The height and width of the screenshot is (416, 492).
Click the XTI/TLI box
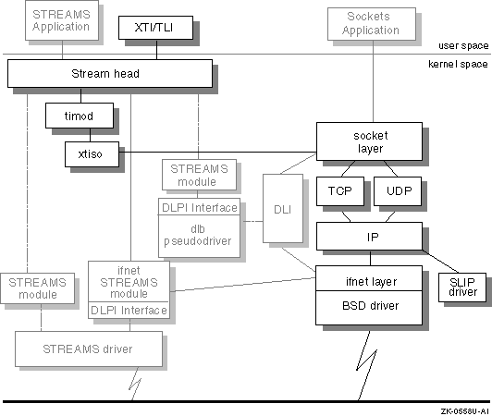click(x=155, y=28)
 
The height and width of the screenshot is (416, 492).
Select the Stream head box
click(x=110, y=73)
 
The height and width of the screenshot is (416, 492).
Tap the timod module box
click(x=80, y=116)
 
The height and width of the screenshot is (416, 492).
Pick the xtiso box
click(x=92, y=154)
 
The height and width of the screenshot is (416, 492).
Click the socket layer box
click(x=369, y=141)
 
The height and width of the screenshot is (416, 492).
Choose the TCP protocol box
click(x=340, y=191)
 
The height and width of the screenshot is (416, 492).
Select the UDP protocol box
click(x=398, y=191)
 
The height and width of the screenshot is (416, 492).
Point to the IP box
click(x=369, y=237)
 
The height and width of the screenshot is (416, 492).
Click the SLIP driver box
click(x=462, y=288)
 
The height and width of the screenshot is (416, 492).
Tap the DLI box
click(x=283, y=208)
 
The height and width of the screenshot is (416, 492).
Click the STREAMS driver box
click(x=89, y=349)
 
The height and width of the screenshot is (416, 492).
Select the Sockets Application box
click(x=372, y=24)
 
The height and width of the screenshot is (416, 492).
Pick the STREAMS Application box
click(x=62, y=20)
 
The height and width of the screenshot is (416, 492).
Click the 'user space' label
click(x=463, y=46)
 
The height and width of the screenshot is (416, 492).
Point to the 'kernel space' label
click(x=458, y=65)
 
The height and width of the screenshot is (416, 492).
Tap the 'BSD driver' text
click(x=370, y=306)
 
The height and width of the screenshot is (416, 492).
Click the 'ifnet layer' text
click(x=371, y=282)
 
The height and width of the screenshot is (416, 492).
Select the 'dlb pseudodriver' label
click(x=198, y=235)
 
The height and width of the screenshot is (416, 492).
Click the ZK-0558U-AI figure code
click(x=464, y=411)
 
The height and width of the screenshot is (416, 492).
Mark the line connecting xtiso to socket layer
click(x=217, y=153)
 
